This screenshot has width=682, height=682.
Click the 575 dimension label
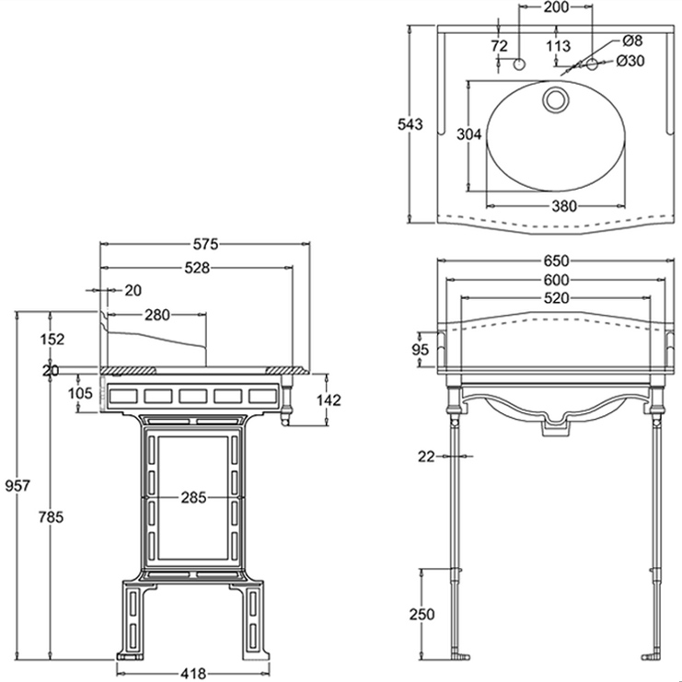coord(205,245)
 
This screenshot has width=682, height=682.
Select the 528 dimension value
coord(197,268)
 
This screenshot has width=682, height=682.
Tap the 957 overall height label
coord(17,485)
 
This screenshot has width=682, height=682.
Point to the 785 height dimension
coord(51,517)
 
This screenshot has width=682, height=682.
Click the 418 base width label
coord(192,674)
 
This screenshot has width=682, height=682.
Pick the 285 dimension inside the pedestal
coord(193,497)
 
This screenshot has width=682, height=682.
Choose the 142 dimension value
coord(329,400)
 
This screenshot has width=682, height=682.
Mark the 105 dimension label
coord(80,393)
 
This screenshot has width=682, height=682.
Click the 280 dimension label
coord(157,315)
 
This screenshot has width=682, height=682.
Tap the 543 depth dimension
coord(410,124)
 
